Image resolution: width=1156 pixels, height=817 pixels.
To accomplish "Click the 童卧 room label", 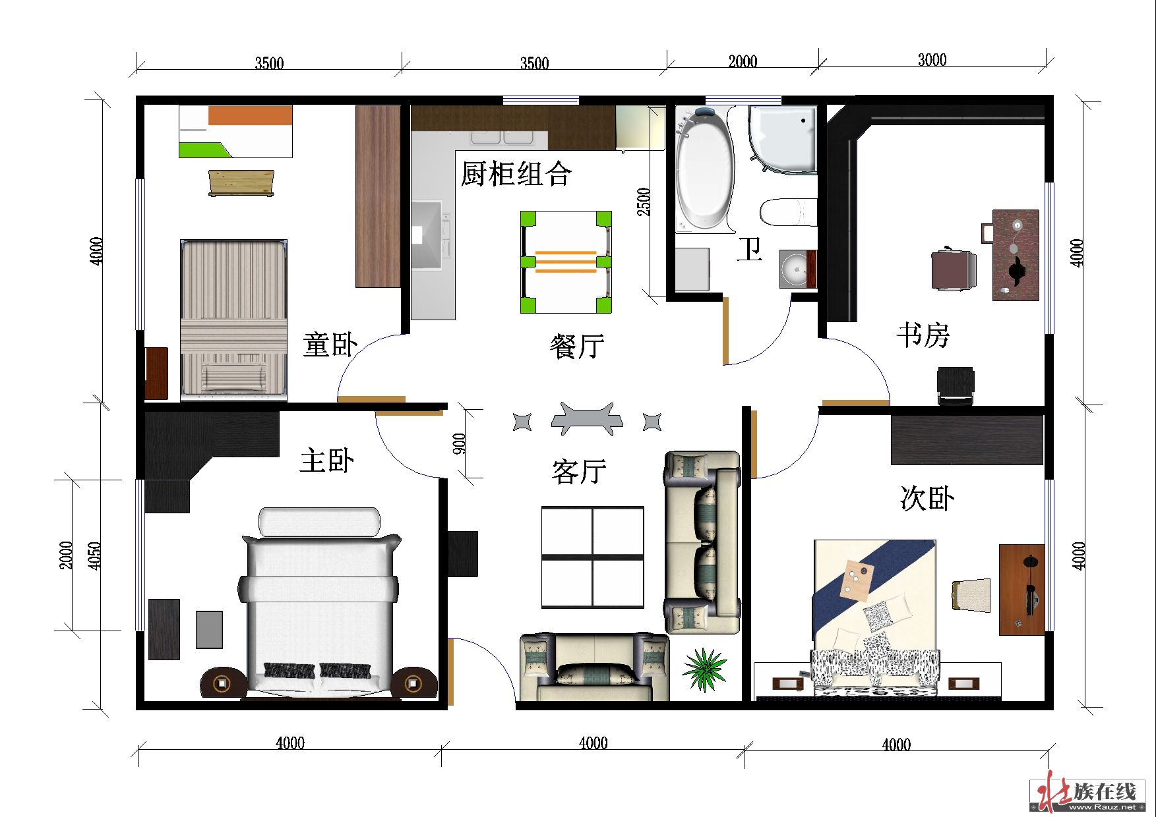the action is [330, 345].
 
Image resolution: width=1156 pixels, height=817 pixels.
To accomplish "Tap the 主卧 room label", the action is [327, 460].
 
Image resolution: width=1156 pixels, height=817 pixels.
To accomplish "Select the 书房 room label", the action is [923, 335].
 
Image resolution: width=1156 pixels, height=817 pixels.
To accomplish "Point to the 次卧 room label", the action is [927, 498].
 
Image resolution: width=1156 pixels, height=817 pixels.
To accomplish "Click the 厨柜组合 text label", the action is [516, 174].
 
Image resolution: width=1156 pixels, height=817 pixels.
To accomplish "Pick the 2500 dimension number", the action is [644, 202].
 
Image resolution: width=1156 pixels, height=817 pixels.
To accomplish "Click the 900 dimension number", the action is [460, 443].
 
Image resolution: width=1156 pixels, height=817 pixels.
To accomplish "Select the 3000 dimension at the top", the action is [932, 60].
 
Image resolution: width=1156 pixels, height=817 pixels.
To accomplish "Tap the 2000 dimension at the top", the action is [743, 61].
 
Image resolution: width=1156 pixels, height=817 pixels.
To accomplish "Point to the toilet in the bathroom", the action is [789, 212].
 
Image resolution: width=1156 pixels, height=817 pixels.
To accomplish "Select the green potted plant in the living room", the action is [704, 669].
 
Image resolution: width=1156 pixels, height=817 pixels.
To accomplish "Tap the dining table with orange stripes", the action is [566, 262].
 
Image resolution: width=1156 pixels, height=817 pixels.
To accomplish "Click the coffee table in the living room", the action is [592, 557].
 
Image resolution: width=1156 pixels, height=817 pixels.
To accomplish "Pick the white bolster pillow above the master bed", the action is [320, 521].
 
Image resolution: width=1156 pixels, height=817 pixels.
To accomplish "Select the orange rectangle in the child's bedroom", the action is [250, 115].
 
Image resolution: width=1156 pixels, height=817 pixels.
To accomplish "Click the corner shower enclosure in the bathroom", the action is [783, 140].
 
